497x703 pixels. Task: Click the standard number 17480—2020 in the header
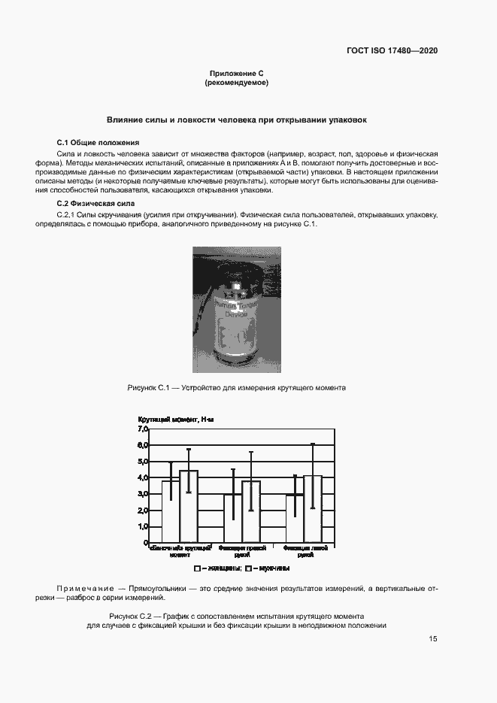413,51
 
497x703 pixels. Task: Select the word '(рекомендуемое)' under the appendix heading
236,83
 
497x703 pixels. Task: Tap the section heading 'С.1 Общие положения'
98,143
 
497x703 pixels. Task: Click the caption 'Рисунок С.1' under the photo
153,388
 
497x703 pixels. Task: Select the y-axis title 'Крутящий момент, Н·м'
175,419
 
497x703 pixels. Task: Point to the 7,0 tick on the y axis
142,429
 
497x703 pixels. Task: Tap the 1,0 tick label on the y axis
142,527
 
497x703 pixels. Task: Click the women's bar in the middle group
233,518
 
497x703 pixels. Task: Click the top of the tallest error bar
312,444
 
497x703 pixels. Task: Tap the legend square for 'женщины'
197,569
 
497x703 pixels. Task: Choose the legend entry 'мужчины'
271,569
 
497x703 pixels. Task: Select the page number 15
433,639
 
